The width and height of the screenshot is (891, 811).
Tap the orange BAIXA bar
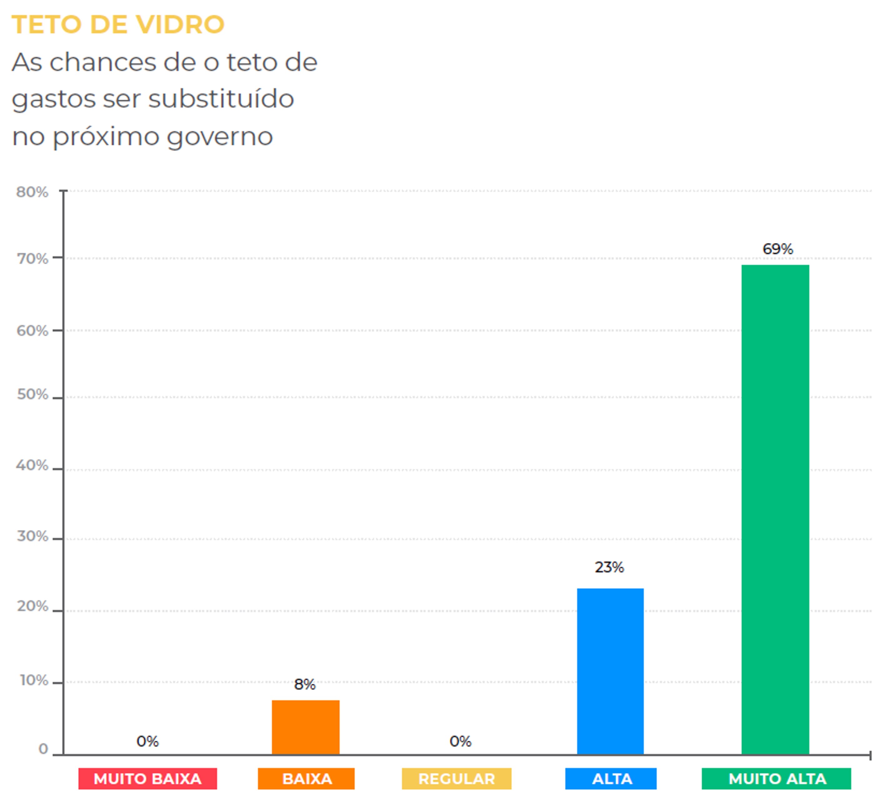[305, 727]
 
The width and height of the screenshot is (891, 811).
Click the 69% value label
[778, 249]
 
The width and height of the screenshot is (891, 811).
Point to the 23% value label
[609, 567]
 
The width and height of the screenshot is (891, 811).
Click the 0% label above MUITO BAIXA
[147, 741]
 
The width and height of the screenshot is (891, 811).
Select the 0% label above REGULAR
[460, 741]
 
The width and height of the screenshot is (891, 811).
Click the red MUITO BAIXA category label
[148, 779]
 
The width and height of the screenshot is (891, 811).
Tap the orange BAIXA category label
[306, 779]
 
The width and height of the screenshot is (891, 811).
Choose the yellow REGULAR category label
[456, 779]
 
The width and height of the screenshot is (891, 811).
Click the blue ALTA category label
[611, 779]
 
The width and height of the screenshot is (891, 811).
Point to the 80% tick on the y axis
[32, 192]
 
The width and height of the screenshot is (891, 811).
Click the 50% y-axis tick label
[32, 394]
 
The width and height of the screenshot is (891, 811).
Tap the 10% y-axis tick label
[33, 680]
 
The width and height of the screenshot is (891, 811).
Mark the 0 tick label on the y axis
[43, 749]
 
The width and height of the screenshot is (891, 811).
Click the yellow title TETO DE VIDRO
[118, 24]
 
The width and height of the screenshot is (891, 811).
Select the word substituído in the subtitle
[221, 98]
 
